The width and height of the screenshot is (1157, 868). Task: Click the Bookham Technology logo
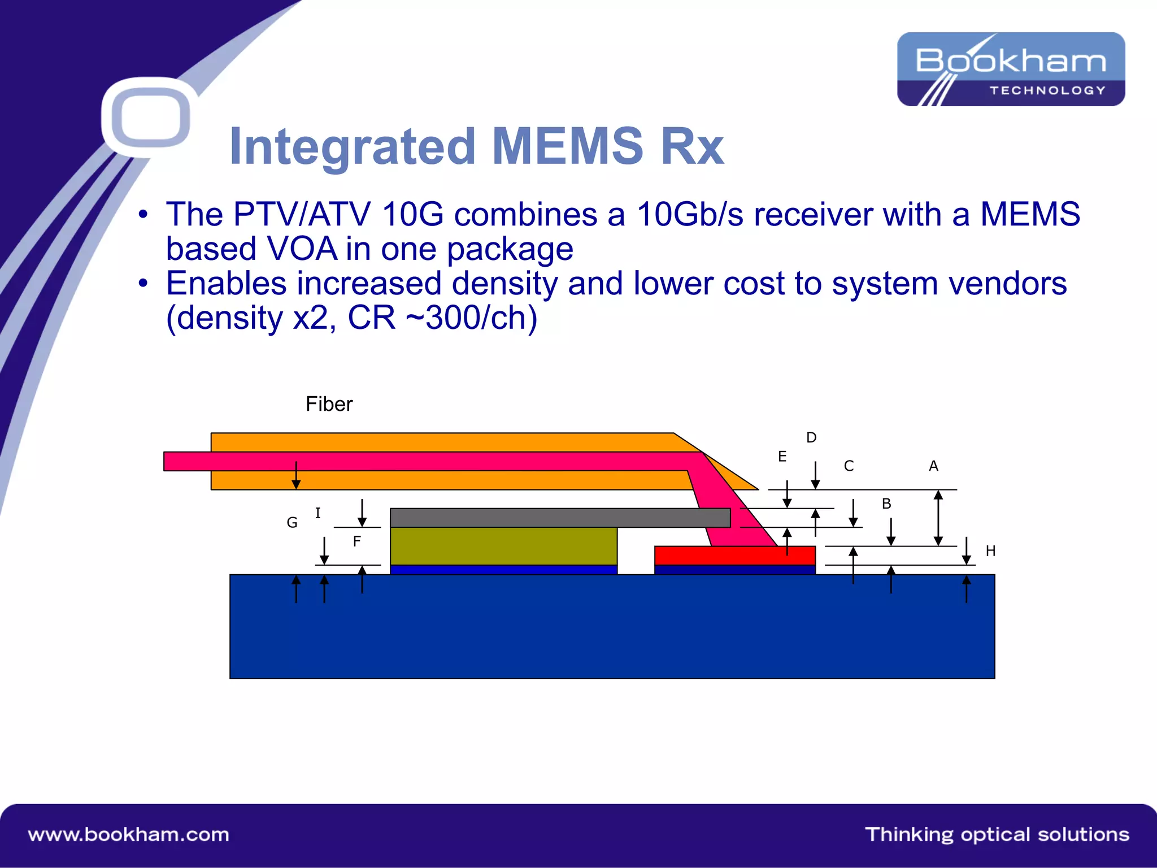[x=1011, y=69]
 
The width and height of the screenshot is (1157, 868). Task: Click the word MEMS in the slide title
[x=567, y=146]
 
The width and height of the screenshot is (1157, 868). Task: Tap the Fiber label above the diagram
[x=329, y=404]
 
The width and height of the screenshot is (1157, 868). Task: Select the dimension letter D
[x=811, y=437]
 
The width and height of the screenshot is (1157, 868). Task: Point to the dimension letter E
[x=782, y=457]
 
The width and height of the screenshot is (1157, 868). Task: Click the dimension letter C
[x=849, y=466]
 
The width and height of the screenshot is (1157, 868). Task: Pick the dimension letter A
[x=933, y=466]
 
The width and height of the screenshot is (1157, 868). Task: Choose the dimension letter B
[x=886, y=504]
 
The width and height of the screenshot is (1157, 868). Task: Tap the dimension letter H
[x=990, y=551]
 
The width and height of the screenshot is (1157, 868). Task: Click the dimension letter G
[x=292, y=523]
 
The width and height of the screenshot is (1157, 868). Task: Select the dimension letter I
[x=317, y=513]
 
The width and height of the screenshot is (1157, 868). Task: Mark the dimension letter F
[x=356, y=541]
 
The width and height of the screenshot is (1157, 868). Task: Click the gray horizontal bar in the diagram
[x=559, y=518]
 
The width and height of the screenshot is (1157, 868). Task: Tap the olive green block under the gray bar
[x=503, y=546]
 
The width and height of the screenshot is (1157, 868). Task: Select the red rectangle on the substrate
[x=734, y=555]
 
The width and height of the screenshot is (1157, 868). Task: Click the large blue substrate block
[x=612, y=627]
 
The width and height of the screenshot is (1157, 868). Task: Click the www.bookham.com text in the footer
[x=129, y=835]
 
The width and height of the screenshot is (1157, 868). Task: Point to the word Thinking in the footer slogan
[x=909, y=835]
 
